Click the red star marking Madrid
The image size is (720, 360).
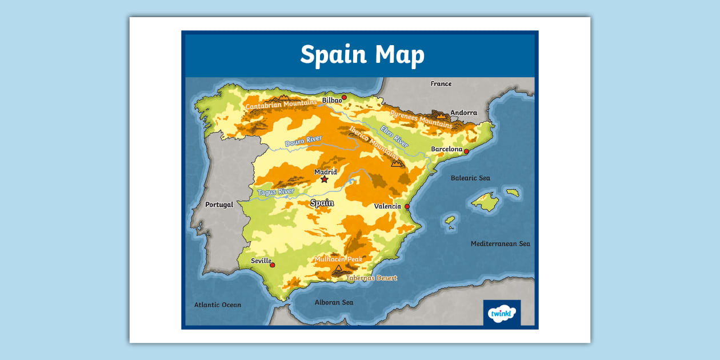(x=325, y=179)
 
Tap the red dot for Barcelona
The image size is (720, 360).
(x=466, y=151)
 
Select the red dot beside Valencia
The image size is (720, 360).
(x=407, y=206)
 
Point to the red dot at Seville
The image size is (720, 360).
(x=273, y=265)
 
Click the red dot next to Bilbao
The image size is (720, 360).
(x=344, y=98)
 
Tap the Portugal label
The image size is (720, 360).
(x=219, y=205)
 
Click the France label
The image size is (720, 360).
(x=441, y=84)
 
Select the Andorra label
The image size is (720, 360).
(x=463, y=113)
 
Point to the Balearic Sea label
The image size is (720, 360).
(x=470, y=178)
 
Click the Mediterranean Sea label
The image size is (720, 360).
(x=500, y=244)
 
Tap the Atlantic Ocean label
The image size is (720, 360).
(x=218, y=305)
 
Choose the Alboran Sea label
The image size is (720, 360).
(x=334, y=302)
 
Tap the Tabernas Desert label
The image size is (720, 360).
(x=371, y=278)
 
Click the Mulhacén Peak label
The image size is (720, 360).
(x=338, y=259)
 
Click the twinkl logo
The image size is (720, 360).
(x=502, y=313)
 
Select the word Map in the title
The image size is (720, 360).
(x=400, y=55)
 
